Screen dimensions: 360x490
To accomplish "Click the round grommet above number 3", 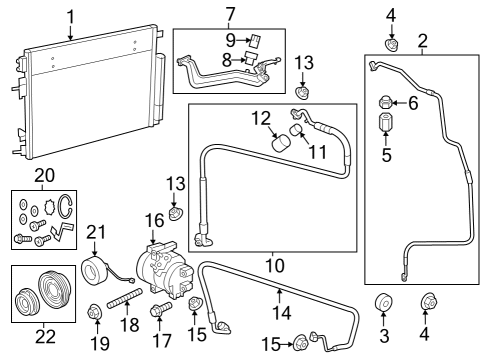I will click(381, 304).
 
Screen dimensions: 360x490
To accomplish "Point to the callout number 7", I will click(229, 14).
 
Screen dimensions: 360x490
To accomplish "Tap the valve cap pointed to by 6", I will click(383, 103).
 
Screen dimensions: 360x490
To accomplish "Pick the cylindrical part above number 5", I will click(383, 128).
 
